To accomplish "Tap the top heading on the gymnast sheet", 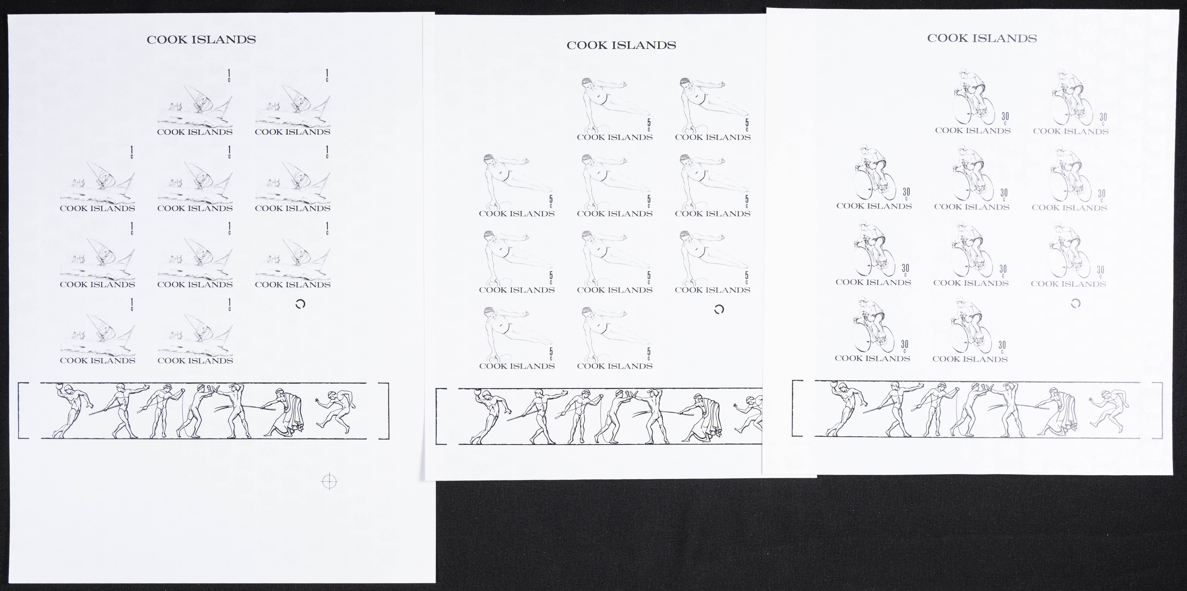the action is pyautogui.click(x=621, y=45).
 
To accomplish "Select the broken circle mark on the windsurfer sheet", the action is pyautogui.click(x=300, y=304).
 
